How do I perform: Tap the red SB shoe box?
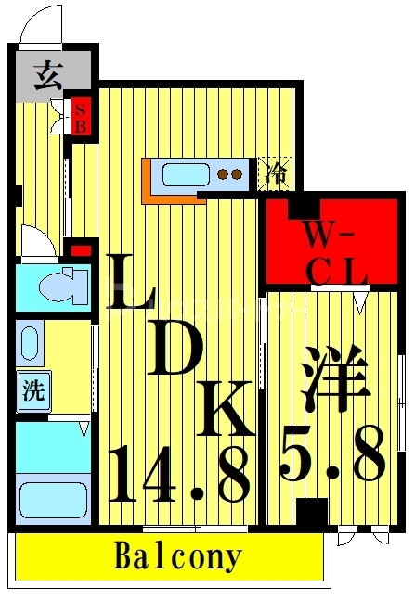(81, 116)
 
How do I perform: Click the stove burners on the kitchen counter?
(229, 172)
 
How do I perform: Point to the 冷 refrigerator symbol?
(275, 172)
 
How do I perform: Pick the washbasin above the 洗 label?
(30, 344)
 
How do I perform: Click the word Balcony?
(177, 557)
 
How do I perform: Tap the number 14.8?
(179, 473)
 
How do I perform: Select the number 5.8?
(334, 454)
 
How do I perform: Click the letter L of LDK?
(129, 283)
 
